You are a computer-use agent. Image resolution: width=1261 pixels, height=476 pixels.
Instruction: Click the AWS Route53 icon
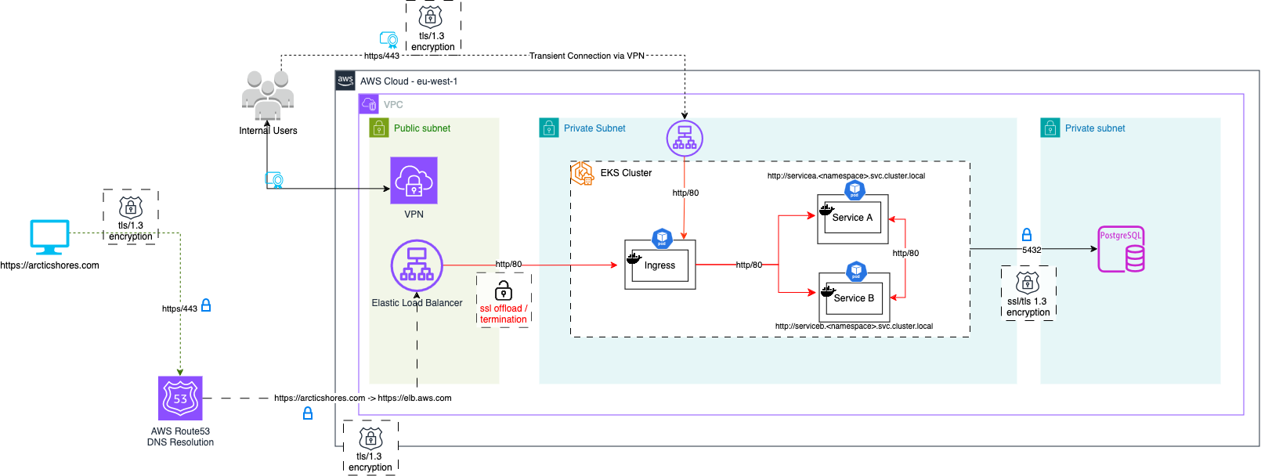180,398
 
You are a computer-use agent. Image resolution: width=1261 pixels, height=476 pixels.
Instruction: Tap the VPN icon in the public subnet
414,181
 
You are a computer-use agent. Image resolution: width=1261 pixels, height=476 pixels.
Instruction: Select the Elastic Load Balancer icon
417,265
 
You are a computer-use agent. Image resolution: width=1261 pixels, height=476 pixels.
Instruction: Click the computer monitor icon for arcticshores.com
49,237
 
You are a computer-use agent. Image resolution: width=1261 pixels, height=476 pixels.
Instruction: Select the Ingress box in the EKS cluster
659,265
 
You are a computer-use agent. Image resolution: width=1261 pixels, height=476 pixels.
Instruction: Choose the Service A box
852,218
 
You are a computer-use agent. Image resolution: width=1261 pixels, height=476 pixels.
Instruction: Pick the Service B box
854,298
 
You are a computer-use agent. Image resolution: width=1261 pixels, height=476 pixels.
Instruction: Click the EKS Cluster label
626,173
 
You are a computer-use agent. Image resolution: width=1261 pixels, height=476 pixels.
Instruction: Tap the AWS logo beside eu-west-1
345,81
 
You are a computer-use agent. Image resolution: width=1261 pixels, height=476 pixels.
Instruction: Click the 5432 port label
1032,251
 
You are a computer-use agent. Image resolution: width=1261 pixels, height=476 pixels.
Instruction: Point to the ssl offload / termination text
504,314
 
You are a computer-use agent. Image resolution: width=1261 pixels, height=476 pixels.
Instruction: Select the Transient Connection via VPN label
587,56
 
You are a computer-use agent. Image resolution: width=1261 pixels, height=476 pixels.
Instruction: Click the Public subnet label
422,128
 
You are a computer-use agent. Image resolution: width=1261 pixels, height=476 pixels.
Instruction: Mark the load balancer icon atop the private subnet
685,139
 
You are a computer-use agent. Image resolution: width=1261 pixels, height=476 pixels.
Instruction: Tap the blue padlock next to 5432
1027,235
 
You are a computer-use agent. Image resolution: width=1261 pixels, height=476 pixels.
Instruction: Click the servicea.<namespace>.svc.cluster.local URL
846,176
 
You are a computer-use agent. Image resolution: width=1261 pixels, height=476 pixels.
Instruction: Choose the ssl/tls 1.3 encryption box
1028,292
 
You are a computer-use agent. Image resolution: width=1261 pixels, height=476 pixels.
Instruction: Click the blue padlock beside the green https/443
206,305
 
